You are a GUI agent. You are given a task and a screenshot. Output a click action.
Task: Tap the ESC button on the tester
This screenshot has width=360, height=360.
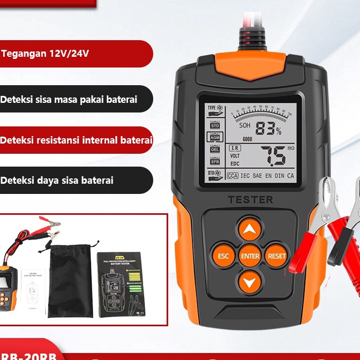(x=223, y=256)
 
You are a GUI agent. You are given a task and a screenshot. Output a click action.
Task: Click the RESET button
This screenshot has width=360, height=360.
(x=276, y=256)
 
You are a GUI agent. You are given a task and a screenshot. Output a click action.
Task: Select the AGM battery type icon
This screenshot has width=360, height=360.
(x=214, y=138)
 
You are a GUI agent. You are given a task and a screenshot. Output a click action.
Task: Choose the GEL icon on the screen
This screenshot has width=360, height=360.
(x=214, y=149)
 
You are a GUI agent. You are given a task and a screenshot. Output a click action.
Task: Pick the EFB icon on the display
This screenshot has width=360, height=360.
(x=214, y=161)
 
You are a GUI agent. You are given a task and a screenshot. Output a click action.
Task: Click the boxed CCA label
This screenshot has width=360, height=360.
(x=232, y=175)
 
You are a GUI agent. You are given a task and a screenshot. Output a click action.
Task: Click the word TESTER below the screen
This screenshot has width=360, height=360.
(x=250, y=200)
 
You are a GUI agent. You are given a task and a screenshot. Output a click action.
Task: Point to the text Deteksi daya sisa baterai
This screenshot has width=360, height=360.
(x=57, y=181)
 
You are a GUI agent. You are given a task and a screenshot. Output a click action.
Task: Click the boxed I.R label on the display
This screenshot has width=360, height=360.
(x=234, y=147)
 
